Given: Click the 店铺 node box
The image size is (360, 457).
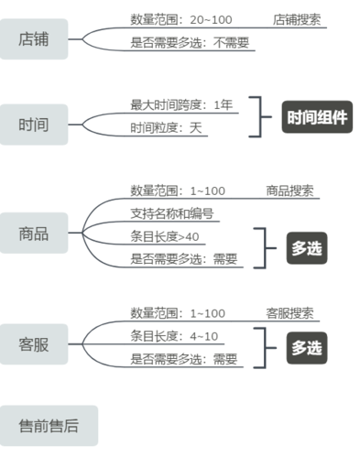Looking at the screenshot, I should click(34, 39).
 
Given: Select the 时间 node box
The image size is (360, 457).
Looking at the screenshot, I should click(34, 124).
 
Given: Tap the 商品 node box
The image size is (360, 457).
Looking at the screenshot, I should click(34, 234).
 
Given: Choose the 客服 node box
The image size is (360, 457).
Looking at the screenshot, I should click(34, 344).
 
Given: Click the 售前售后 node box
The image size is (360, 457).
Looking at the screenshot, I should click(49, 425).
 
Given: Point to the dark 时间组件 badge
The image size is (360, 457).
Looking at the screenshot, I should click(317, 117).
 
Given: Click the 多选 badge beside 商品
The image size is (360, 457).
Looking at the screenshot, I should click(306, 247).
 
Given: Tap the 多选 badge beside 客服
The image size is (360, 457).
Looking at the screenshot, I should click(306, 347).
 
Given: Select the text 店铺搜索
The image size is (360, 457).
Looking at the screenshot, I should click(297, 19).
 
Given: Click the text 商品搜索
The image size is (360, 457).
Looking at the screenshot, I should click(289, 191).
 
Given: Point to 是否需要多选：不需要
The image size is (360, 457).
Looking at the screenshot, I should click(190, 43).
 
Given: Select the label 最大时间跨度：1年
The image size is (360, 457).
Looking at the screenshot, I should click(181, 105).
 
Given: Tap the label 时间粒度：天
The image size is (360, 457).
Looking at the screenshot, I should click(166, 129).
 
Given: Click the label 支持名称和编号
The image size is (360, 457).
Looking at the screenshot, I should click(172, 214).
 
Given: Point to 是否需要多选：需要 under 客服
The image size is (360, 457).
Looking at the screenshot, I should click(184, 359).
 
